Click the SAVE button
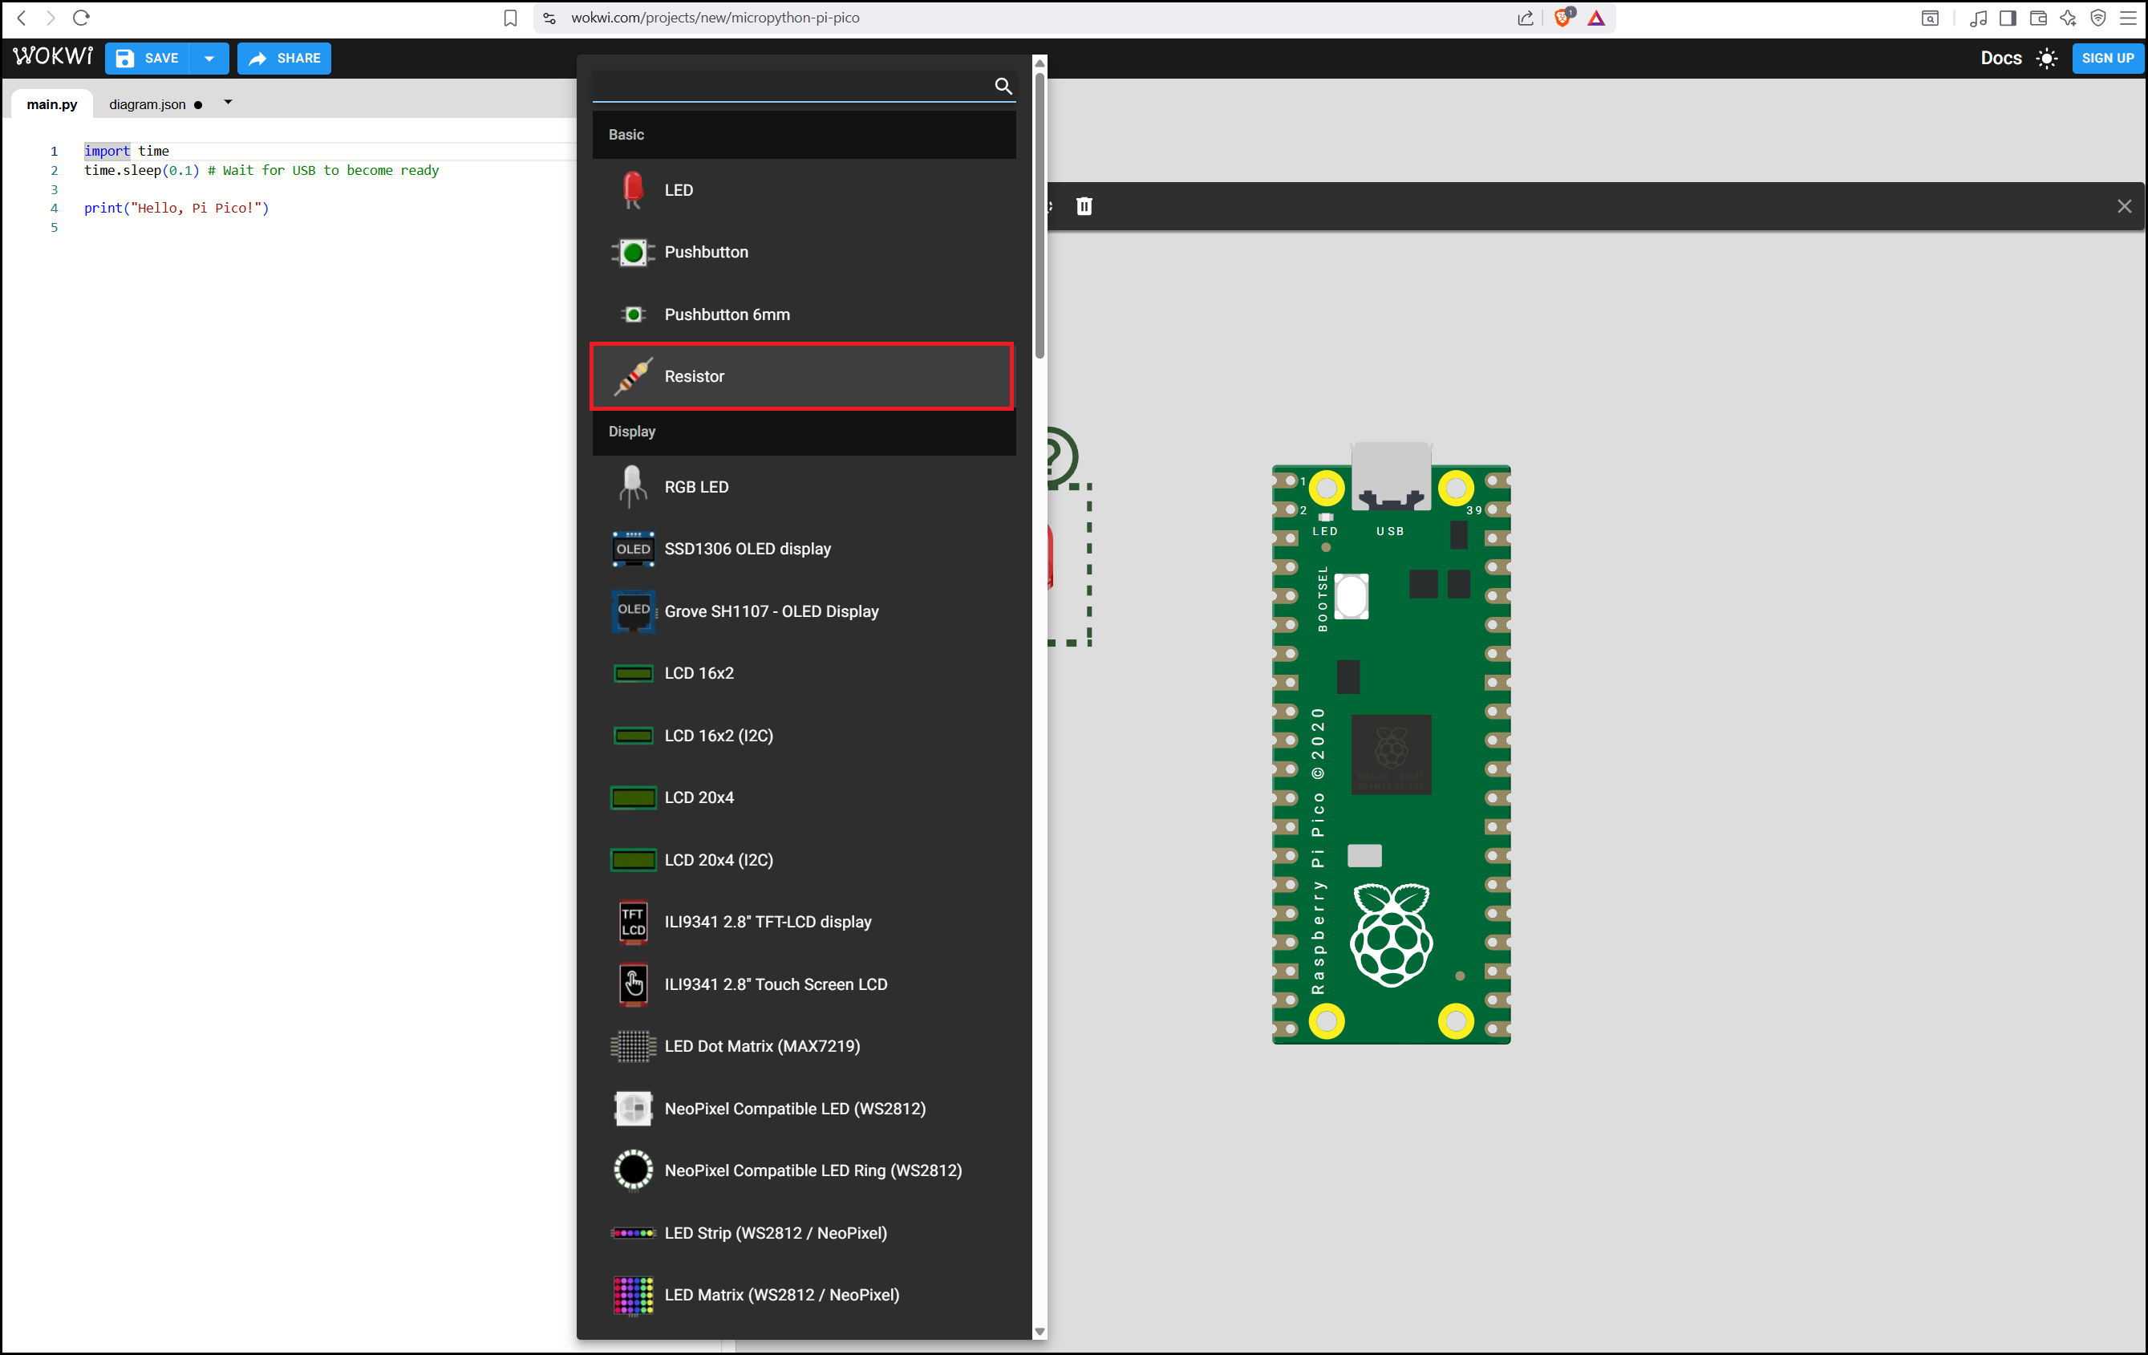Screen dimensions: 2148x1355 tap(148, 58)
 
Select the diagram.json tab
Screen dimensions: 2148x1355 tap(148, 104)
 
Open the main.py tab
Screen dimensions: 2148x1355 tap(52, 104)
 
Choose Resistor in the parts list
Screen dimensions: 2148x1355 tap(802, 376)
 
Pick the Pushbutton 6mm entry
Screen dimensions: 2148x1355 tap(802, 314)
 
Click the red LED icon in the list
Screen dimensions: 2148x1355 tap(632, 190)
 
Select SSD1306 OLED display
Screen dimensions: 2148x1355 tap(802, 549)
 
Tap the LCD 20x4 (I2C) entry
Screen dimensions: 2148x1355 tap(802, 860)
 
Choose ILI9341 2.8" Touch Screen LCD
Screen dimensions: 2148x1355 tap(802, 984)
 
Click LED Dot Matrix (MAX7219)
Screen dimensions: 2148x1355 tap(802, 1046)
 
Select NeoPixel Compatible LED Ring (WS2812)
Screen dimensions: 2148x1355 tap(802, 1170)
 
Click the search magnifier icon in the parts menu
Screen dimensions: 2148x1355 tap(1003, 86)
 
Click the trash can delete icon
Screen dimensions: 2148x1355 tap(1084, 206)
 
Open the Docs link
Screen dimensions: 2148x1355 tap(2000, 58)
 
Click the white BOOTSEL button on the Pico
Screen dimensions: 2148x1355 tap(1351, 596)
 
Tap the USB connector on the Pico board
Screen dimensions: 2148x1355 tap(1391, 477)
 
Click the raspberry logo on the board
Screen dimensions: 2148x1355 tap(1391, 935)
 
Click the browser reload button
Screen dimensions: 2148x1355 tap(81, 18)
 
